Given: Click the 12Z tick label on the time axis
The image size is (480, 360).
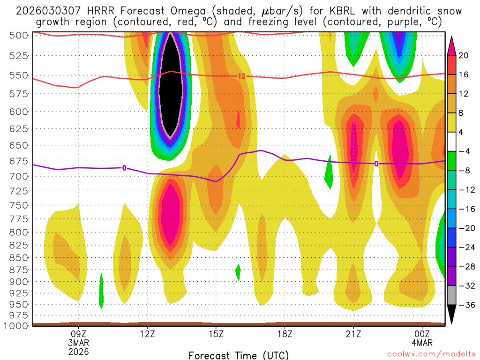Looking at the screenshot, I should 147,334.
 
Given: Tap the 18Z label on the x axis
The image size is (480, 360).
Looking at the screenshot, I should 285,334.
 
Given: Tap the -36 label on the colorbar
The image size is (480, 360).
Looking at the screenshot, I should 465,305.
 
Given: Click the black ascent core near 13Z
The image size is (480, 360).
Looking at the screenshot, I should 171,84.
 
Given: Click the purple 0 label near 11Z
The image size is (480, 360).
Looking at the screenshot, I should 124,168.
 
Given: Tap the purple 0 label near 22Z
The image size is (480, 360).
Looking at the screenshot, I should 376,164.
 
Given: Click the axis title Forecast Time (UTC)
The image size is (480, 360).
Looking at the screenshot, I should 239,355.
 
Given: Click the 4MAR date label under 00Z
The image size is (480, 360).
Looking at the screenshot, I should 422,343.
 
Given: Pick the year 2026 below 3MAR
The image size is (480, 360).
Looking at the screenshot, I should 78,351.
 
